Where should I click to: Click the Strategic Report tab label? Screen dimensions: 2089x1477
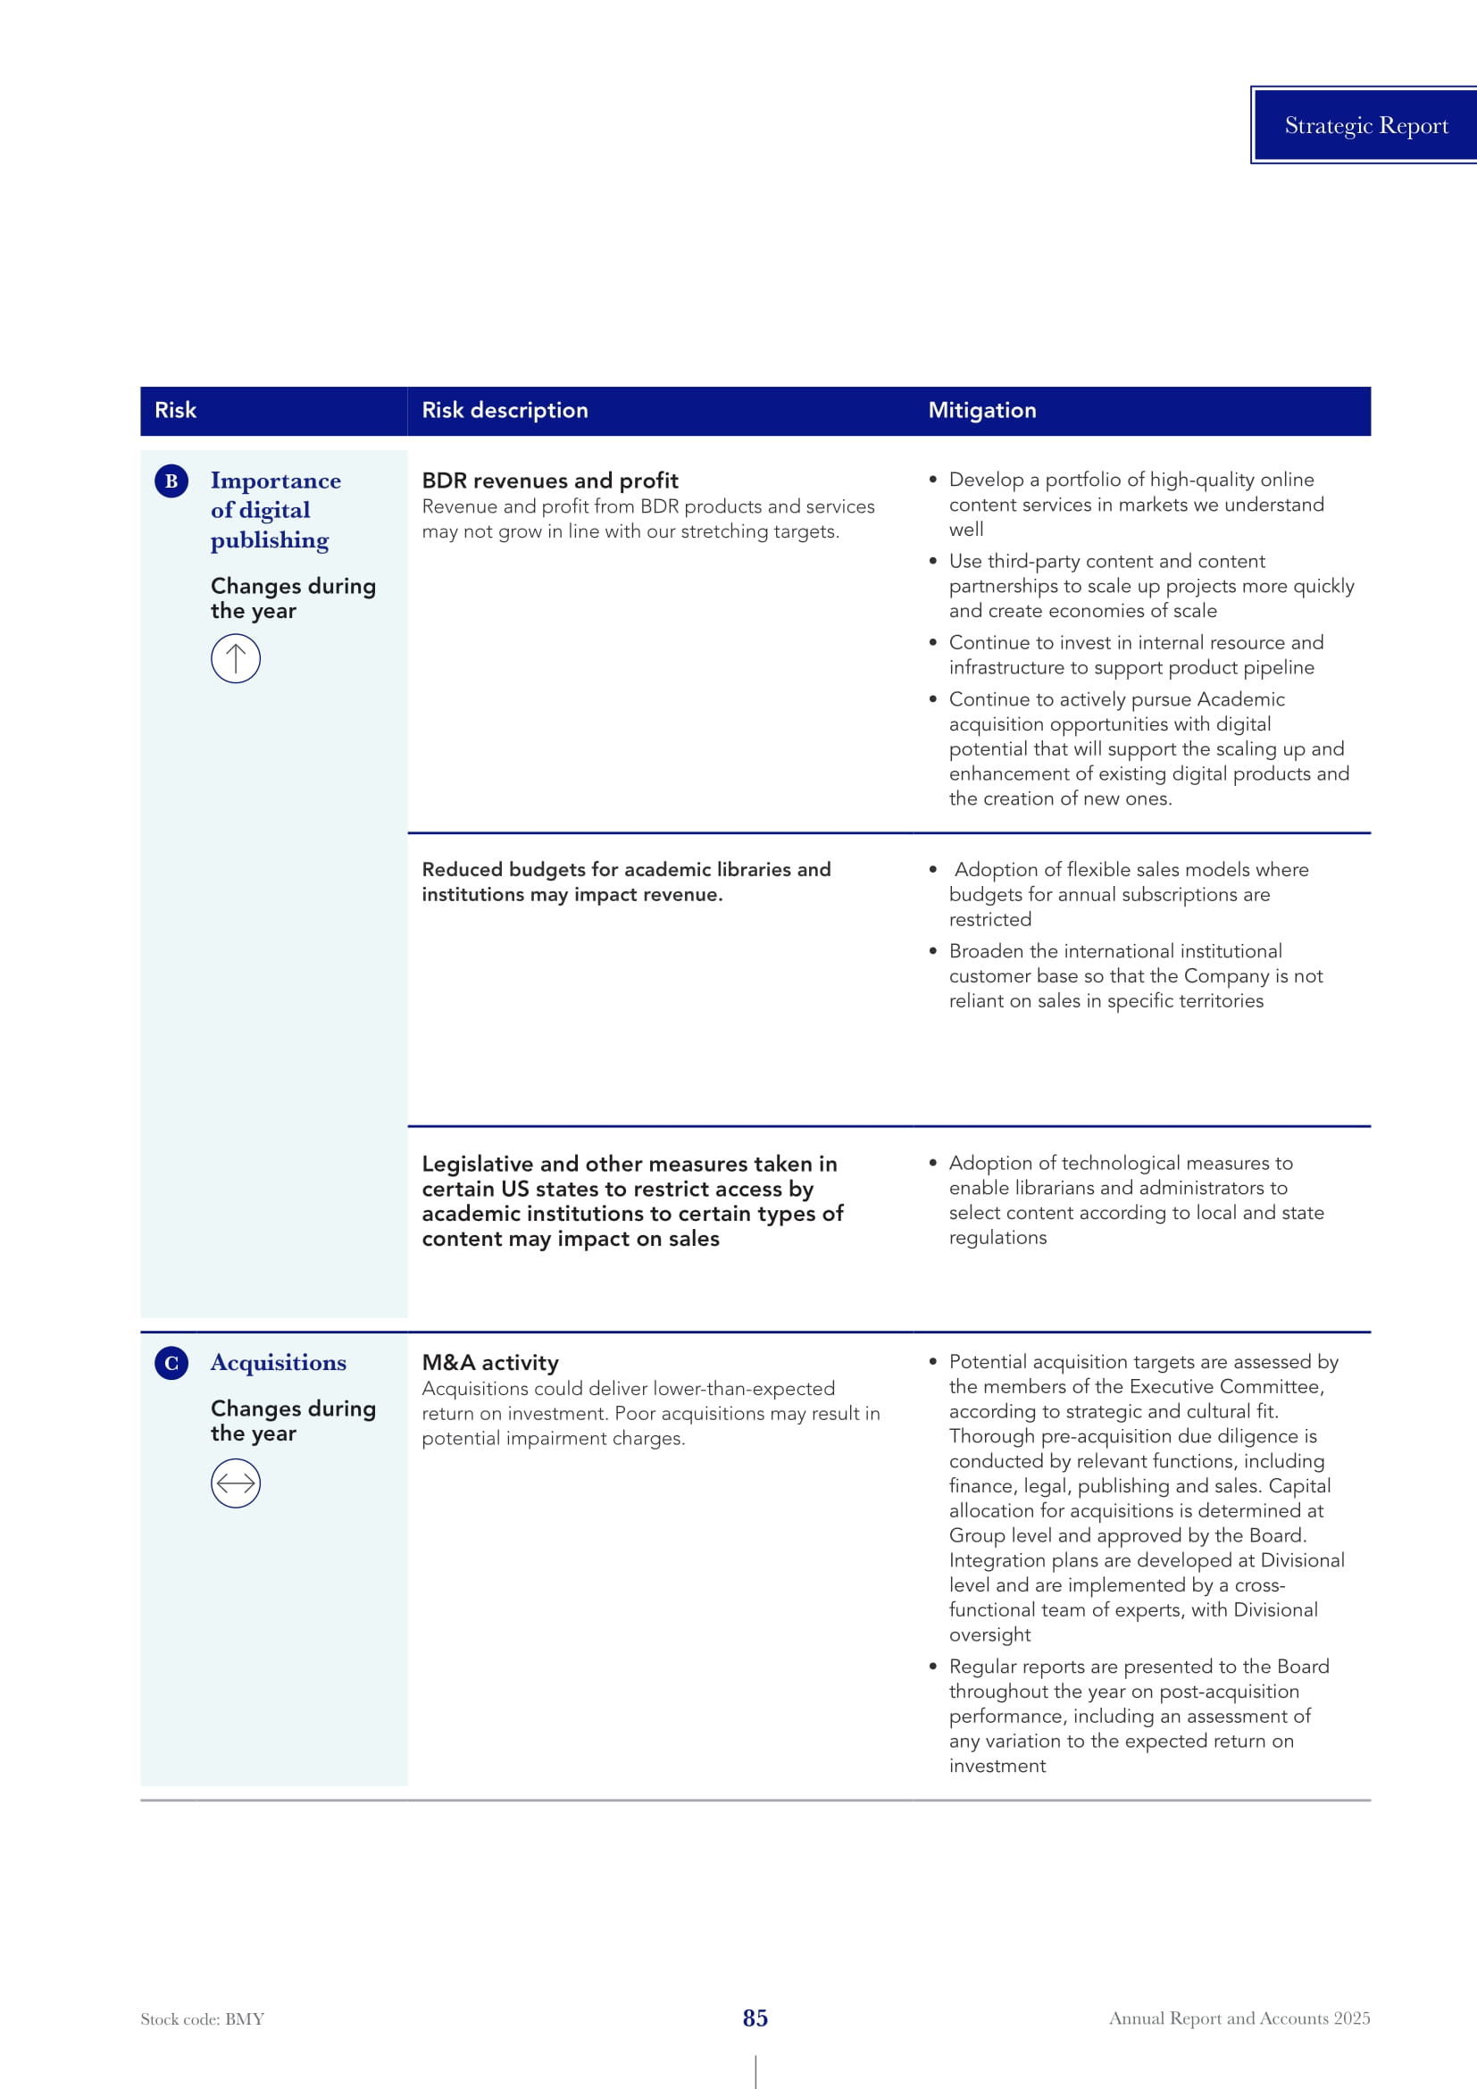point(1365,126)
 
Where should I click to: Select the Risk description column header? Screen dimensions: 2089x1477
point(505,410)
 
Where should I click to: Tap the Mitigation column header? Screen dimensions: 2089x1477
point(981,410)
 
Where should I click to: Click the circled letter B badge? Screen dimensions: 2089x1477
point(171,480)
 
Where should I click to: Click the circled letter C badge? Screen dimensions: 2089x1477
point(171,1363)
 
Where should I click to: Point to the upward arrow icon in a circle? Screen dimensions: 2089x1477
point(236,658)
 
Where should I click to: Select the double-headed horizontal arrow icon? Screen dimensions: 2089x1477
point(236,1483)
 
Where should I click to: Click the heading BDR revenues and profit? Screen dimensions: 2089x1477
point(549,480)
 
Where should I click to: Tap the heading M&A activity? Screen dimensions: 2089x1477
point(490,1363)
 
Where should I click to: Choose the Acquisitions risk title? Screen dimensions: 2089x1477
point(279,1363)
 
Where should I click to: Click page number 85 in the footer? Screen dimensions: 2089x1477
point(755,2018)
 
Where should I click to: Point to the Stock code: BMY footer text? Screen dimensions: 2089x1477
point(202,2019)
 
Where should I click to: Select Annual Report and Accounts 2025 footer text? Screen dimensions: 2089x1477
point(1239,2018)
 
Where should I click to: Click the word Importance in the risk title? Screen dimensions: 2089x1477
point(276,480)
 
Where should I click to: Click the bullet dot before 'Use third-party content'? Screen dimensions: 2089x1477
point(932,562)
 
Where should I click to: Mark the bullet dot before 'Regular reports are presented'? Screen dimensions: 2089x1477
point(932,1666)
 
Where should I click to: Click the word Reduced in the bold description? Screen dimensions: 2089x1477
point(462,870)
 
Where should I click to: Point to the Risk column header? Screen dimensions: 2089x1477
point(176,410)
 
